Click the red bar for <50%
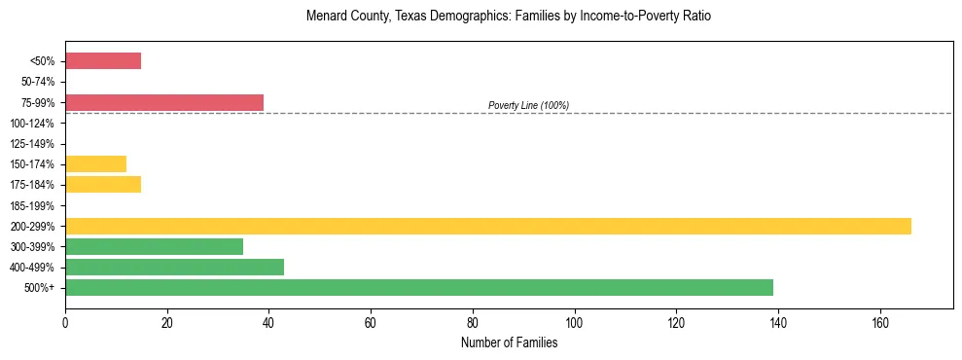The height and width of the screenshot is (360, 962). [x=103, y=61]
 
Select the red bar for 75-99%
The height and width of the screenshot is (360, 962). [x=164, y=102]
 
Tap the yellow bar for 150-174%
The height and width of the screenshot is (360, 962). [x=95, y=163]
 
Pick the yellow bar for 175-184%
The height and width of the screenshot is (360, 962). [x=103, y=184]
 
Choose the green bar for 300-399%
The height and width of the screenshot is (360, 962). [x=154, y=246]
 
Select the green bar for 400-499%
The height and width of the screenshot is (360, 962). [x=174, y=267]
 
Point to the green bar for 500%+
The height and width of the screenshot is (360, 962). [x=419, y=287]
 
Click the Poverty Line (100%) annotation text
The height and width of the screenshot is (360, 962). [x=528, y=105]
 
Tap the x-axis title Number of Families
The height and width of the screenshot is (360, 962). [x=509, y=342]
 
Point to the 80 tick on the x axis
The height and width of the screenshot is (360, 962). [x=473, y=322]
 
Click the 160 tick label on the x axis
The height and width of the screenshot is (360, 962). [x=880, y=322]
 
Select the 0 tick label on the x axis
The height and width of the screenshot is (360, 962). [x=65, y=322]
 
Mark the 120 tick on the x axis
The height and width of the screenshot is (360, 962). [x=676, y=322]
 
